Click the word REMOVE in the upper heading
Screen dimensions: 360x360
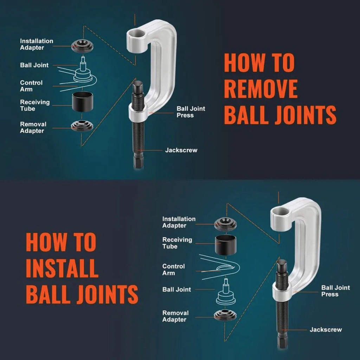[261, 89]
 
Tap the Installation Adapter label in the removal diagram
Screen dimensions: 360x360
[37, 44]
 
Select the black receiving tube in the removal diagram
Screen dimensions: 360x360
[82, 103]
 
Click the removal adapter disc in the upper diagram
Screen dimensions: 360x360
[82, 125]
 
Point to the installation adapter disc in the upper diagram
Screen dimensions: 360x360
[82, 45]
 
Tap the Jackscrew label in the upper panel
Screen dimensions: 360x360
[181, 150]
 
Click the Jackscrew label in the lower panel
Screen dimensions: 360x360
[326, 329]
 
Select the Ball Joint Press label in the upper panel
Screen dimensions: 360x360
[191, 112]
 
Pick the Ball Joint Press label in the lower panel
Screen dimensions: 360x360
[335, 291]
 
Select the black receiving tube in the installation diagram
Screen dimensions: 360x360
[225, 244]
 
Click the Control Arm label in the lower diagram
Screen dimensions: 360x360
[173, 270]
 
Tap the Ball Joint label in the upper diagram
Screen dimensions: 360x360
[34, 65]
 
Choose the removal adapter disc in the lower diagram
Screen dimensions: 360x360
[225, 315]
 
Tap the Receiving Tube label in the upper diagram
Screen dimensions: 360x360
[35, 105]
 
